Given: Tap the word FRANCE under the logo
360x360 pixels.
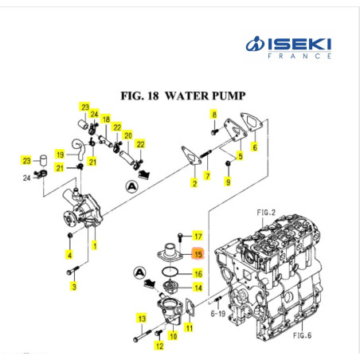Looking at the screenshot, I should click(x=300, y=57).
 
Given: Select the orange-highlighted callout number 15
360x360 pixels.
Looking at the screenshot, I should click(x=198, y=255).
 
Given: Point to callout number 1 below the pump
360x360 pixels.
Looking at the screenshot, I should click(x=94, y=245).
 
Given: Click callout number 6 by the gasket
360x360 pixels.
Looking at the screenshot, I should click(x=254, y=147).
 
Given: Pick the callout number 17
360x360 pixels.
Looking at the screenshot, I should click(x=198, y=237).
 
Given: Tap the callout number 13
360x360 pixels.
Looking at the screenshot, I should click(x=143, y=319).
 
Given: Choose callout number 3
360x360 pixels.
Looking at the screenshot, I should click(x=74, y=286).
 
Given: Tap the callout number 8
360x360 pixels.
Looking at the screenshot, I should click(x=213, y=115).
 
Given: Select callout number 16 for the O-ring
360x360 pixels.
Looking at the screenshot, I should click(x=198, y=273).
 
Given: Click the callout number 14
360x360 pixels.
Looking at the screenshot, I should click(x=198, y=288).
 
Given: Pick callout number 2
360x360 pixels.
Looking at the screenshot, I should click(x=193, y=185).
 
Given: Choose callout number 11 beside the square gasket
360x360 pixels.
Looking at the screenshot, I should click(x=190, y=327).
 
